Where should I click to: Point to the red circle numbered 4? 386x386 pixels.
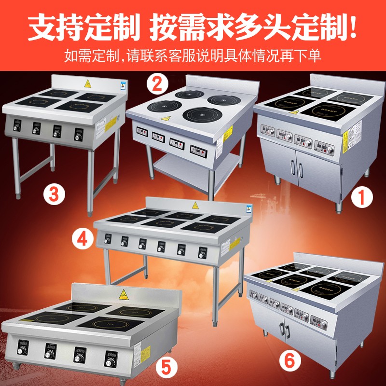(x=82, y=238)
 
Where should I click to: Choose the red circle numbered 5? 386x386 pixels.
(x=165, y=367)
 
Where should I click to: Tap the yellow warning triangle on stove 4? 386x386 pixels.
(x=195, y=204)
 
